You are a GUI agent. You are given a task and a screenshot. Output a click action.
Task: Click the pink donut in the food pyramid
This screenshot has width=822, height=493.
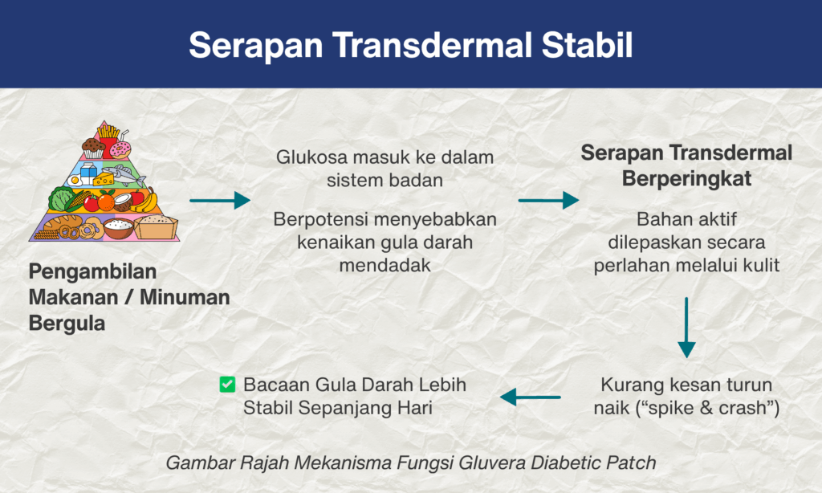(x=120, y=150)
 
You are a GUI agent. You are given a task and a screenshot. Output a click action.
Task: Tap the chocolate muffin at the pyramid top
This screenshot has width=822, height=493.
(x=93, y=148)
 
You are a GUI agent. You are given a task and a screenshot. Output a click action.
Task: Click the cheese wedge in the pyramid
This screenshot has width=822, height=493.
(x=104, y=179)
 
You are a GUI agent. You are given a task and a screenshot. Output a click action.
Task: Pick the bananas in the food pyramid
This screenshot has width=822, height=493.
(x=145, y=201)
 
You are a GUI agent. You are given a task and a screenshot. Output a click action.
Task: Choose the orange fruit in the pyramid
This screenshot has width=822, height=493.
(x=107, y=202)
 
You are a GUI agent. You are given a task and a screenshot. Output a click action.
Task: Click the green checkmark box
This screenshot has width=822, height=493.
(x=227, y=385)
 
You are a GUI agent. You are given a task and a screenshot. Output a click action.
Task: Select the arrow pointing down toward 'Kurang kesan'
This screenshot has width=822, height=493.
(x=686, y=328)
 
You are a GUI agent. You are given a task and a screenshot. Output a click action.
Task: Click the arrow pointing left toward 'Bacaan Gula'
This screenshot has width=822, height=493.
(x=531, y=397)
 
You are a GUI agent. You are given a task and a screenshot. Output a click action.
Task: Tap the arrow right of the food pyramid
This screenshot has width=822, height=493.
(x=220, y=201)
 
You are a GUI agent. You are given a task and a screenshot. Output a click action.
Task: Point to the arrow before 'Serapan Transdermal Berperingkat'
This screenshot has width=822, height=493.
(x=549, y=201)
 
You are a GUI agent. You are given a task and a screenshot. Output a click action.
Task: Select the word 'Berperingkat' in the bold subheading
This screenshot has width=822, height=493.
(x=687, y=179)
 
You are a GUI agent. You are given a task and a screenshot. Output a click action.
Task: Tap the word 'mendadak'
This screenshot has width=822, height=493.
(x=385, y=266)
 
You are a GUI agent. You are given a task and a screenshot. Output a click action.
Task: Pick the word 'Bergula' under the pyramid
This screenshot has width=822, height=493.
(x=67, y=324)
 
